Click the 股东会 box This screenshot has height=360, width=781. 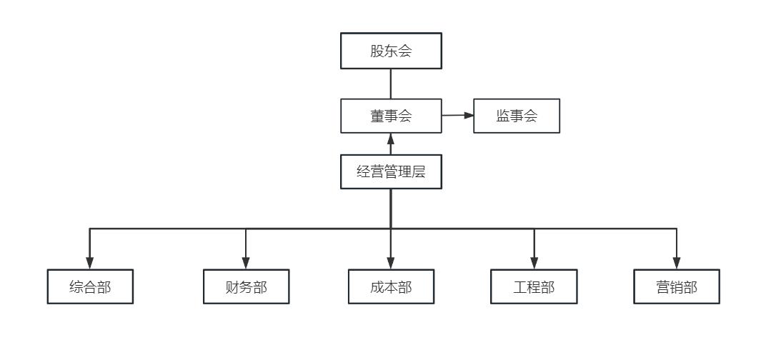tap(391, 51)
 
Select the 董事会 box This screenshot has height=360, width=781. tap(391, 116)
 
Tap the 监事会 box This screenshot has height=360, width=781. tap(517, 116)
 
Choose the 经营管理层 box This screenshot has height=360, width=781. tap(391, 171)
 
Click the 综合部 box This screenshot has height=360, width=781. tap(90, 287)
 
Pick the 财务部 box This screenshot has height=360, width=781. tap(246, 287)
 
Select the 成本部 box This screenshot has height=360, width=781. tap(391, 287)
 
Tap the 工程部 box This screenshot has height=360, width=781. tap(534, 287)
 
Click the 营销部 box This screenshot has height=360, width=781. tap(677, 287)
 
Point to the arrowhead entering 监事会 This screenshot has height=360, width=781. tap(469, 115)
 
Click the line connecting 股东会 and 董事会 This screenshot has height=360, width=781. tap(391, 84)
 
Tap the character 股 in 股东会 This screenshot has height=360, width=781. tap(377, 51)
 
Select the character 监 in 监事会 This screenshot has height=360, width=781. tap(503, 116)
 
